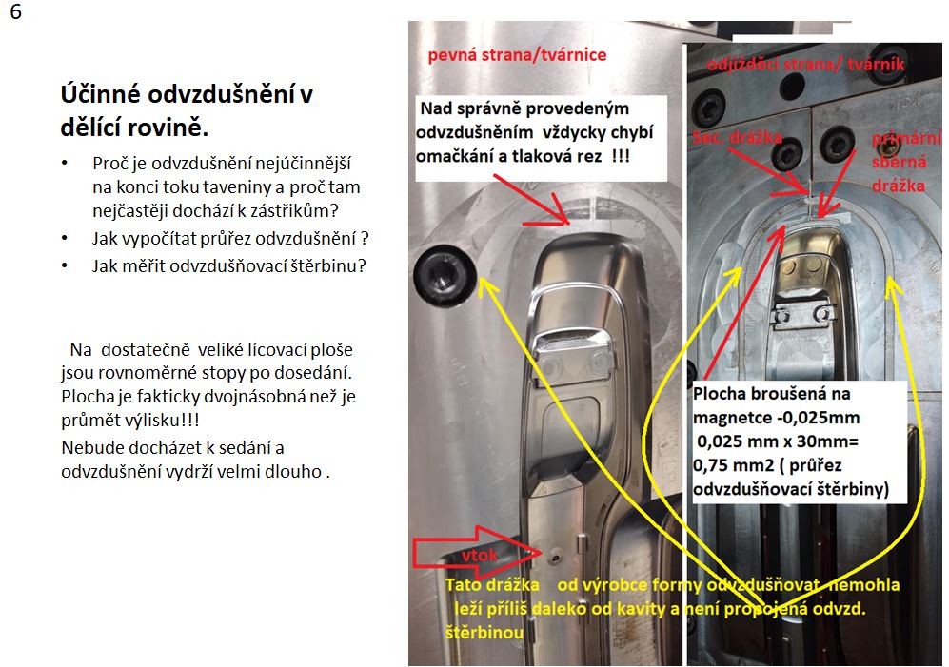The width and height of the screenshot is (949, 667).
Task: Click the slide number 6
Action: coord(16,15)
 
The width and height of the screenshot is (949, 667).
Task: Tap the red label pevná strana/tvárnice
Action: coord(517,55)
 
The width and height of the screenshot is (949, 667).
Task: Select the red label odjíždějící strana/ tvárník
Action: coord(805,65)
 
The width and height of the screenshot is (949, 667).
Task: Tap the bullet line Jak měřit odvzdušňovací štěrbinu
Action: coord(228,266)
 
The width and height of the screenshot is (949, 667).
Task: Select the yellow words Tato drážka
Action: coord(493,584)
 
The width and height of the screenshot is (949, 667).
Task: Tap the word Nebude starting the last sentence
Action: coord(89,446)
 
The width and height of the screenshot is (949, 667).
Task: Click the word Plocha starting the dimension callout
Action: coord(720,393)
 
